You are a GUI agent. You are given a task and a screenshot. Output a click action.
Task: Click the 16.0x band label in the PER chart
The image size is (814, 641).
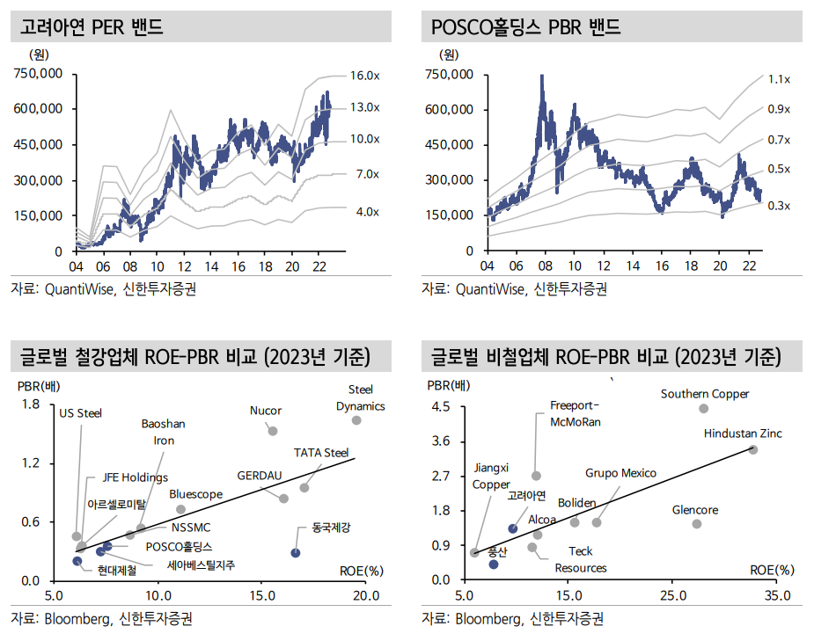coord(364,76)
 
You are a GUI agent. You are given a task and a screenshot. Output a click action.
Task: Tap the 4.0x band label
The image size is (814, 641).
coord(367,212)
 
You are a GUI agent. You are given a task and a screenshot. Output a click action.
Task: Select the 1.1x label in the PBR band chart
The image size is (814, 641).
coord(779,79)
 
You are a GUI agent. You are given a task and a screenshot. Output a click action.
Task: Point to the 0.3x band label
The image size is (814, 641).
coord(779,206)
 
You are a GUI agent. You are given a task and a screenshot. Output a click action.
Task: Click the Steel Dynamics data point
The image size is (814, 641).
coord(356,420)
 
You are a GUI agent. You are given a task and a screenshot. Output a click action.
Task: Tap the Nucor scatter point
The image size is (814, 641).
coord(273,431)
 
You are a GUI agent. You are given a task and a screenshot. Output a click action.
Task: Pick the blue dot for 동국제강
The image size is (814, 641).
coord(296,553)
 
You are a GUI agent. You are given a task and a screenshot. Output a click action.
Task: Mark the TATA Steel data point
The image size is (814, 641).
coord(304,488)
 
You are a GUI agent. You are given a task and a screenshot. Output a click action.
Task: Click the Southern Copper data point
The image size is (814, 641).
coord(703,409)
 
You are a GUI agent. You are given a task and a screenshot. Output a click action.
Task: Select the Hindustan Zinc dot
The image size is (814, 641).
coord(752,449)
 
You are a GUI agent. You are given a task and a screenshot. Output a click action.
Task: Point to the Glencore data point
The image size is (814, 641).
coord(697,524)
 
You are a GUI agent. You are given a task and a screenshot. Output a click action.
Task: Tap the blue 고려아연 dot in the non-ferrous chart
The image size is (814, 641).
coord(513,528)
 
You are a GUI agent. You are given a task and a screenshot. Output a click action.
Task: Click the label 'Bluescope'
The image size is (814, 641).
coord(195,495)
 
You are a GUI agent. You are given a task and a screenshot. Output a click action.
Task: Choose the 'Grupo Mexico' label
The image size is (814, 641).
coord(620,473)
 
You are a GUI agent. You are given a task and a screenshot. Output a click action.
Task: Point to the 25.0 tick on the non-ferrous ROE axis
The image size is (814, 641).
coord(672,595)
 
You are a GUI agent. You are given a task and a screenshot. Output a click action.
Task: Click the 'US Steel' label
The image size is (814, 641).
coord(80,412)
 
